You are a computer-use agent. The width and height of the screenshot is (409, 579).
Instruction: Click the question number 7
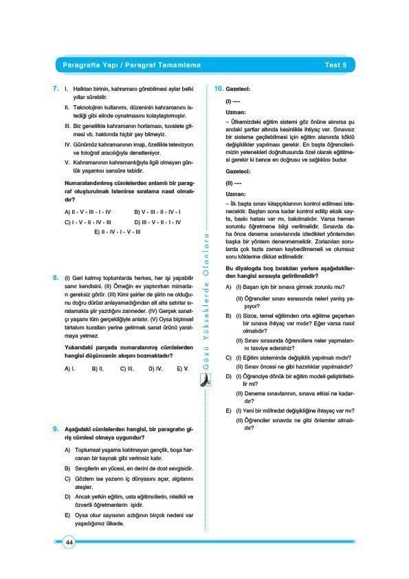(x=55, y=89)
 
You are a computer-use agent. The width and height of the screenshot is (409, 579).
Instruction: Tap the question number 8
(x=55, y=277)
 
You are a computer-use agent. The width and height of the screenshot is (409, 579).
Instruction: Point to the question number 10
(x=217, y=89)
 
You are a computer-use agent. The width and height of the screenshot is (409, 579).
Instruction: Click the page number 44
(x=69, y=543)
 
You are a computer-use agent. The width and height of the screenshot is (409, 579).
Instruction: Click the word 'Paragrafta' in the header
(x=79, y=65)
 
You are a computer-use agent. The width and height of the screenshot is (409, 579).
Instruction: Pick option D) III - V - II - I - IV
(x=158, y=222)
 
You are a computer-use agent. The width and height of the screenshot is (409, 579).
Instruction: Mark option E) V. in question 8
(x=181, y=369)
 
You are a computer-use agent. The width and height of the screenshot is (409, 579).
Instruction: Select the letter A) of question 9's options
(x=67, y=449)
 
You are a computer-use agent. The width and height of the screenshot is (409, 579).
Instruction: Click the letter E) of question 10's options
(x=228, y=411)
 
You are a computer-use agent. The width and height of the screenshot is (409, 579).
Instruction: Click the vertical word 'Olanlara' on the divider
(x=204, y=254)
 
